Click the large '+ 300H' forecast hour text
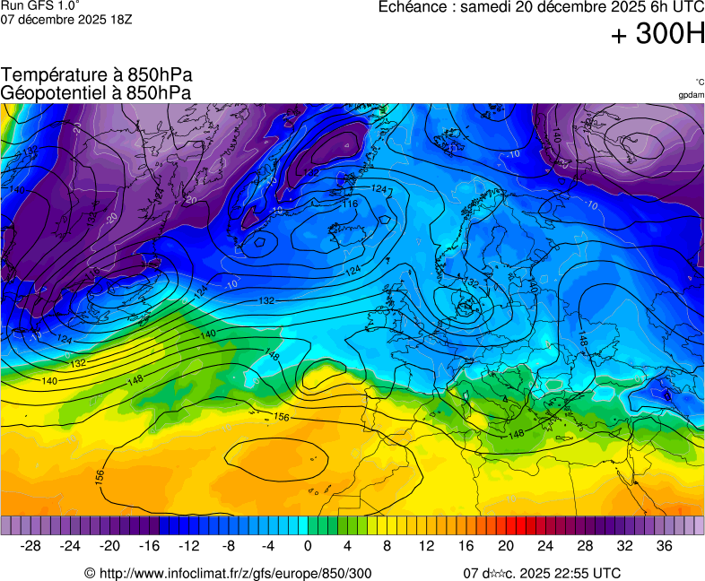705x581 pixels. (657, 35)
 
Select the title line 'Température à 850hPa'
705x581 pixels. (97, 75)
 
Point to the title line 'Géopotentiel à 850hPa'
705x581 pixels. (96, 92)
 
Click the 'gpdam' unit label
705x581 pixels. (691, 94)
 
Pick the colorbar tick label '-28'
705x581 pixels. (31, 546)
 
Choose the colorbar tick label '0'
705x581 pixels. (308, 546)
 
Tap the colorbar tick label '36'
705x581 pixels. (664, 546)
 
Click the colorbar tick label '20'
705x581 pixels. (506, 546)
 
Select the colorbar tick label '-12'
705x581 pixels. (188, 546)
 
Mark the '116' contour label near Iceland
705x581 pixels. (350, 204)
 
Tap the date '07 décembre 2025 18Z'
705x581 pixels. (66, 19)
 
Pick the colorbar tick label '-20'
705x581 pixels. (109, 546)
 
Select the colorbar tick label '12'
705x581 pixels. (427, 546)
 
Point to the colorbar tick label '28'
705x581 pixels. (585, 546)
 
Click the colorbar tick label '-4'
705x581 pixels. (267, 546)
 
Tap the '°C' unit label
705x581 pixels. (699, 82)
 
